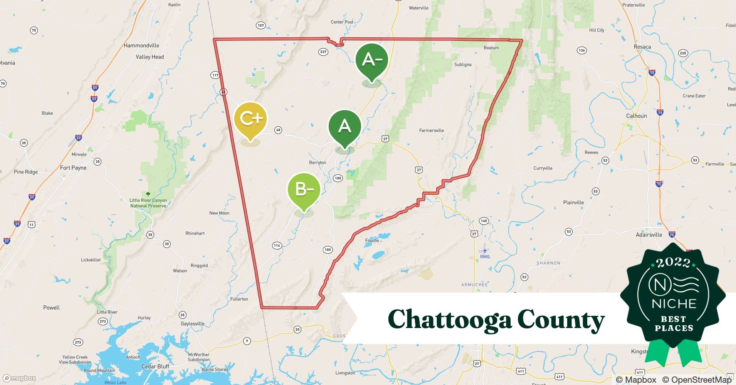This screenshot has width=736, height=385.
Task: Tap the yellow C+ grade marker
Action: click(x=250, y=118)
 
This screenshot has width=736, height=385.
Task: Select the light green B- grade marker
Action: click(x=304, y=190)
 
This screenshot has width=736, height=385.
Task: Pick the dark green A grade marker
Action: click(x=344, y=126)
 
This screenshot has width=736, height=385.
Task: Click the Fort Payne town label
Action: click(x=73, y=168)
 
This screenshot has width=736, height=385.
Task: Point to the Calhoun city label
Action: click(x=636, y=116)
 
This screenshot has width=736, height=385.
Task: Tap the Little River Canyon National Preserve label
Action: click(x=148, y=203)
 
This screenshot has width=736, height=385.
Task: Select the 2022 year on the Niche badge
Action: click(x=673, y=263)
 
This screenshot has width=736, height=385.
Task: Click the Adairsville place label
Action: click(x=649, y=235)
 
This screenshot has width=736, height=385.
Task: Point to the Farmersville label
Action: click(x=431, y=131)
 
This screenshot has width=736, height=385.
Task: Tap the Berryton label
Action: click(x=318, y=162)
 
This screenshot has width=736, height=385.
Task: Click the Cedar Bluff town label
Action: click(x=155, y=366)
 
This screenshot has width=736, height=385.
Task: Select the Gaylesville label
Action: click(x=192, y=324)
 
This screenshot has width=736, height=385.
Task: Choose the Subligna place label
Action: click(x=462, y=65)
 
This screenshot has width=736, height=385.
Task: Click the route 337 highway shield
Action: click(x=323, y=52)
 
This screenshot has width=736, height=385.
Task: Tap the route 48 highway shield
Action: click(x=278, y=130)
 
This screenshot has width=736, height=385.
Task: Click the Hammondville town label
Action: click(x=141, y=45)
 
